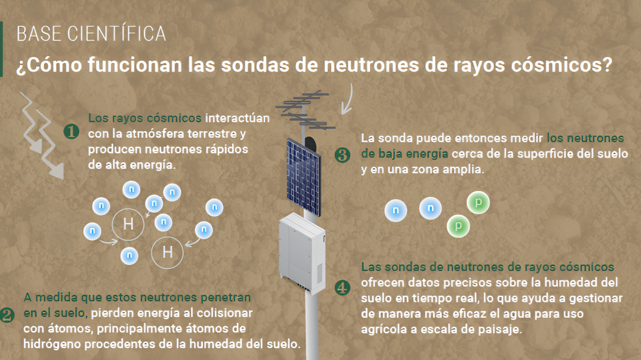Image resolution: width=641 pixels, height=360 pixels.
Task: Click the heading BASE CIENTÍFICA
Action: point(91,34)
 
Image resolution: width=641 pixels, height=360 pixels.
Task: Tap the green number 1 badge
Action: point(71,131)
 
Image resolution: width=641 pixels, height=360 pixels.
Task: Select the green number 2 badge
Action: point(7,315)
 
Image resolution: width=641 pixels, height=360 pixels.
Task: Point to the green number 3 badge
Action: point(342,155)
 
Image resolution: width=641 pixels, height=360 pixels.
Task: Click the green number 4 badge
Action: point(342,287)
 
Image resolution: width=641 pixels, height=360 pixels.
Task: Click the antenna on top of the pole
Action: point(304,110)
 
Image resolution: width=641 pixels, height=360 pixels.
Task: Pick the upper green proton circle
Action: point(478,202)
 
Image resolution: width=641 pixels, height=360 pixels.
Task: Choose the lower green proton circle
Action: point(458,226)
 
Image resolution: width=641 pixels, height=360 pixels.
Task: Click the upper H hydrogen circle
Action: point(128,224)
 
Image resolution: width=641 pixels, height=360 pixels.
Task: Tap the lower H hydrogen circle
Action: point(167,253)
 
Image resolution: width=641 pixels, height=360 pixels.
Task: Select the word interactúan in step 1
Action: point(237,118)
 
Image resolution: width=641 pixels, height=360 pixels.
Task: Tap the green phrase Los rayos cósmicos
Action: point(145,118)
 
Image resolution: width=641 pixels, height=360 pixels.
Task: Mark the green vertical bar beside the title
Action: point(1,49)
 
